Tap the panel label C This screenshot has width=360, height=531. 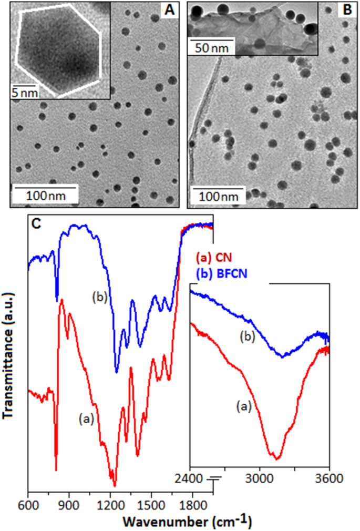click(x=37, y=223)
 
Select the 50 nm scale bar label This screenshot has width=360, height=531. click(x=209, y=49)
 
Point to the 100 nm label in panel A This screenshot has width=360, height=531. click(x=46, y=196)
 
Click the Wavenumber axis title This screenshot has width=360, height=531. click(x=187, y=522)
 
